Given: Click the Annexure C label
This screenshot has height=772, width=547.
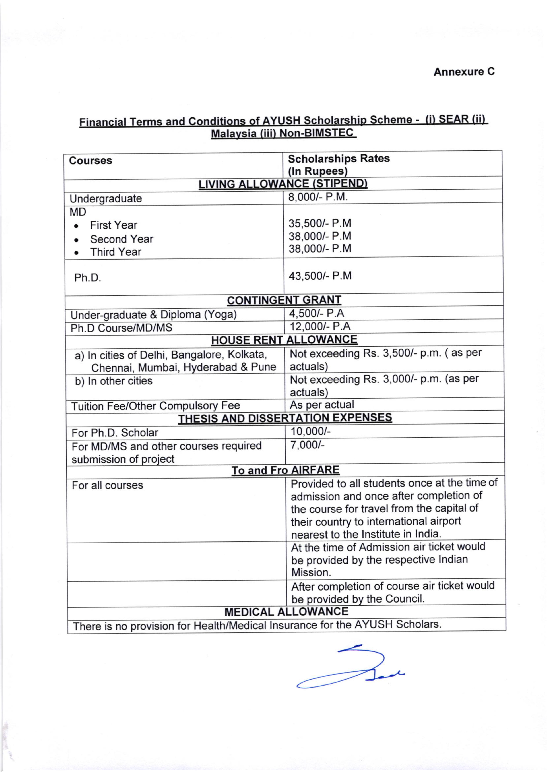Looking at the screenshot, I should [464, 72].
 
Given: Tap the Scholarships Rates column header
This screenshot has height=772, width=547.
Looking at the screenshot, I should [338, 158].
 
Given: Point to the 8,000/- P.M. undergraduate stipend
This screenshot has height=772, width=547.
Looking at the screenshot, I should [318, 197].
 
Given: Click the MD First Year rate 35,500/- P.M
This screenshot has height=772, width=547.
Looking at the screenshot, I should [320, 223].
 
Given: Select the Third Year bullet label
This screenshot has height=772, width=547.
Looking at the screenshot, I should [115, 252].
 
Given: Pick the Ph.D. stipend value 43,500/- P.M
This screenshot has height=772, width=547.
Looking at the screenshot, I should [320, 276].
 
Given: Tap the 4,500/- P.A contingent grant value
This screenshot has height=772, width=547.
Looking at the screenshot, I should [316, 314].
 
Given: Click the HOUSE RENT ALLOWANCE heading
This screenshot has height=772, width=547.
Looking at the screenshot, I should [284, 340].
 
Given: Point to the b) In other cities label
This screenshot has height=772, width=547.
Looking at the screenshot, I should [113, 381].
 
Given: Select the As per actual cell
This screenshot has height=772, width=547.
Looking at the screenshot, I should [322, 404].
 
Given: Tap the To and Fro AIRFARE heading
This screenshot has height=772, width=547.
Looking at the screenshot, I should [285, 470].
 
